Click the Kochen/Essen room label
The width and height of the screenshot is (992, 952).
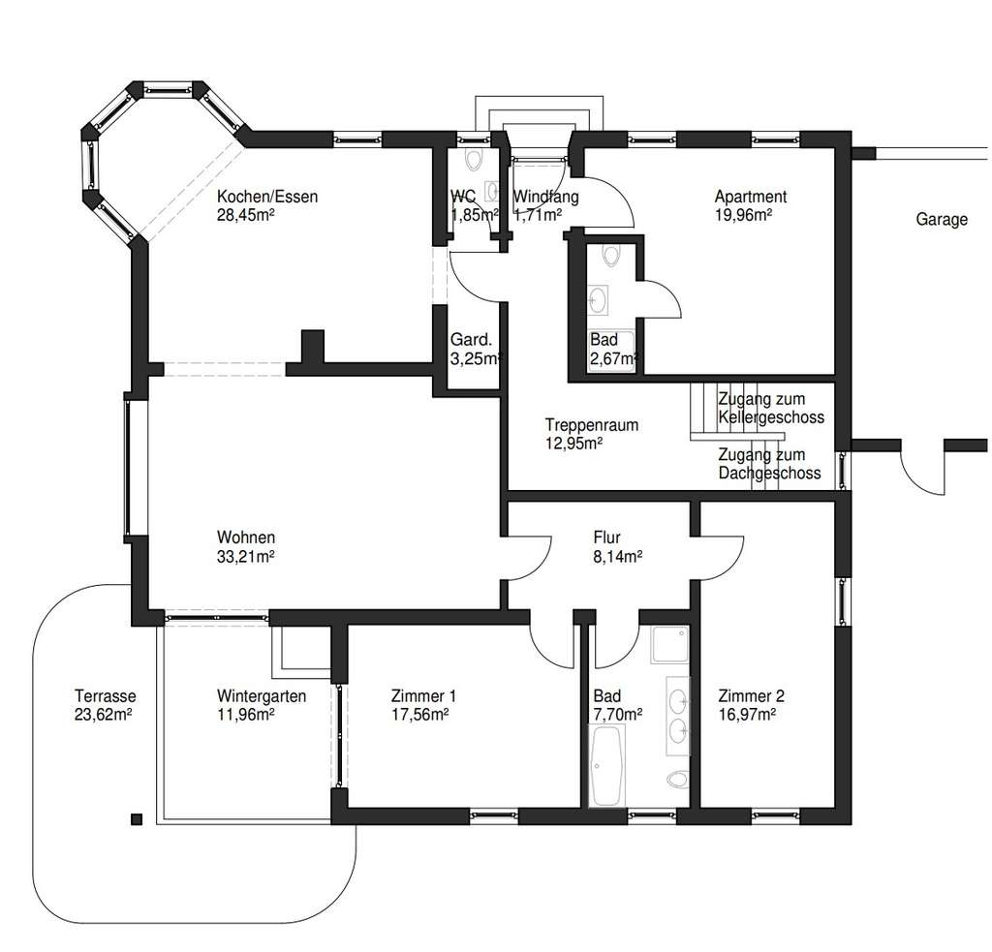coord(267,197)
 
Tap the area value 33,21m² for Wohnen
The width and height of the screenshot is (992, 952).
coord(246,557)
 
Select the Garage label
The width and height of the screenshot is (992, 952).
coord(942,220)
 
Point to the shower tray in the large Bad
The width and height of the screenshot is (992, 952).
coord(670,643)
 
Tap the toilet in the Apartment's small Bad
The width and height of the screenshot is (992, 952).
coord(610,256)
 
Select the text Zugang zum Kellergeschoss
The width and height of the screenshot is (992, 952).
coord(771,408)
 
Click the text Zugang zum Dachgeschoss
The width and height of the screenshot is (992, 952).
coord(769,464)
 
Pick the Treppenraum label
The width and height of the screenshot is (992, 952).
coord(591,424)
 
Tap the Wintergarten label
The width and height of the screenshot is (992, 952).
coord(262,695)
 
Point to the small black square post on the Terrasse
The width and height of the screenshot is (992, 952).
coord(136,817)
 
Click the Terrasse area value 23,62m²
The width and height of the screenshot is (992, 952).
coord(104,715)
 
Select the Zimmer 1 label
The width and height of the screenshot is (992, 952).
coord(423,695)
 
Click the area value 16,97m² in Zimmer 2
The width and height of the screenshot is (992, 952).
coord(751,715)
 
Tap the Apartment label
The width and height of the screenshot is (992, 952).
coord(750,197)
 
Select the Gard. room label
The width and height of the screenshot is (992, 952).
coord(472,340)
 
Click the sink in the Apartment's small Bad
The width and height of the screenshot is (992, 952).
coord(599,300)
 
